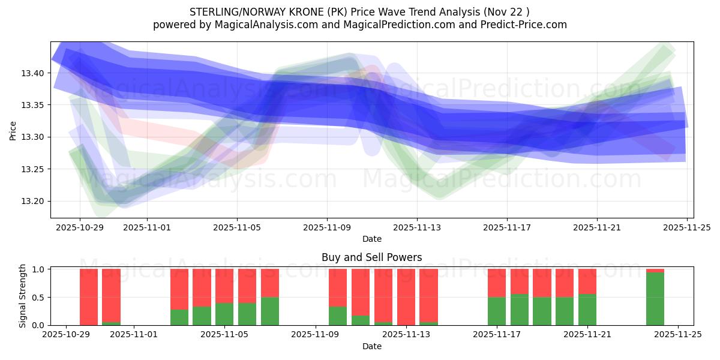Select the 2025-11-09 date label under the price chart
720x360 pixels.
327,228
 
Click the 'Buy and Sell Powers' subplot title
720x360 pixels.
371,257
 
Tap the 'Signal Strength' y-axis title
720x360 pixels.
23,296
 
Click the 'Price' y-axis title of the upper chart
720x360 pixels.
13,130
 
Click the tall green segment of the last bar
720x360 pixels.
655,299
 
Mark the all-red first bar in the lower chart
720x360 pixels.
89,297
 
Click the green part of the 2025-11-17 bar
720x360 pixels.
497,311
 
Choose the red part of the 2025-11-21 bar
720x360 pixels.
587,281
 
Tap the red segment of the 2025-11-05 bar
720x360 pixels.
224,286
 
